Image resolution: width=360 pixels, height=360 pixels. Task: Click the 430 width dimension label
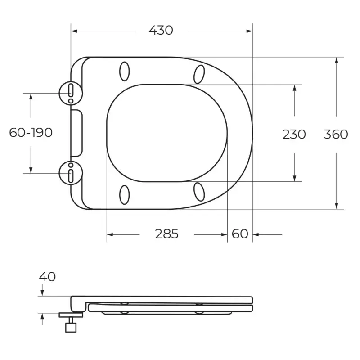(161, 30)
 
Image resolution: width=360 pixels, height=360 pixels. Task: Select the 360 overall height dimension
(336, 134)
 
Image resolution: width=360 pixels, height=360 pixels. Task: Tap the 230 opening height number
(294, 134)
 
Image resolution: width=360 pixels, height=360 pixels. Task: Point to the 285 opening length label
(166, 234)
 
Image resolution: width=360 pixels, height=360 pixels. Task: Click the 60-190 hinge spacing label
(31, 132)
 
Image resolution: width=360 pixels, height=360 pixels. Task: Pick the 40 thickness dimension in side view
(47, 277)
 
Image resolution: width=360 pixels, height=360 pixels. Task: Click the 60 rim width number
(240, 234)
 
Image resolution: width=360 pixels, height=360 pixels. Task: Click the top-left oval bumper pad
(125, 72)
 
